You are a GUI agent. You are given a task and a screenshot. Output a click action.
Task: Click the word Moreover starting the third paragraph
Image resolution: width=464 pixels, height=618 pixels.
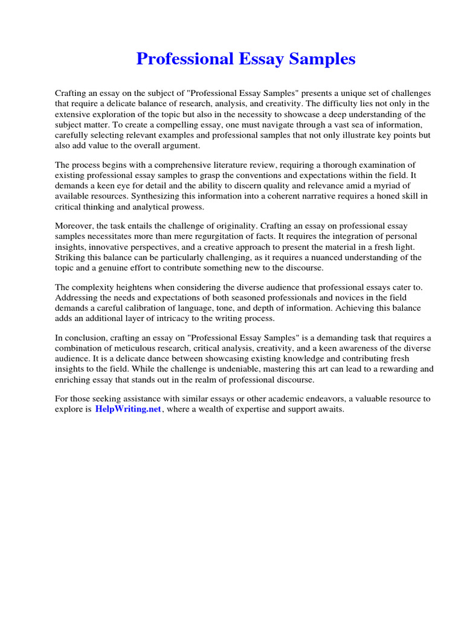76,226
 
